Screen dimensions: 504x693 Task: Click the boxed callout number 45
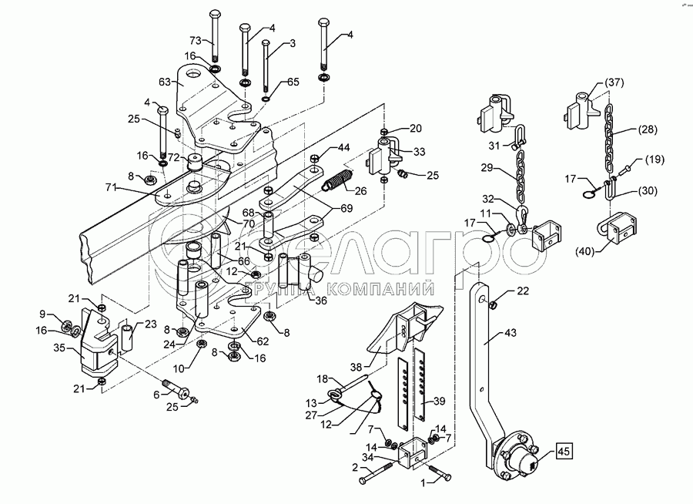(x=564, y=452)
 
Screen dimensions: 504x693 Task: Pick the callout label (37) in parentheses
(x=614, y=82)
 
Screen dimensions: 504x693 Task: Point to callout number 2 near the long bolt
(x=354, y=467)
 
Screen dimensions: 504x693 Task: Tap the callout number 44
(x=343, y=147)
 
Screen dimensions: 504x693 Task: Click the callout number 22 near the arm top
(x=523, y=291)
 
